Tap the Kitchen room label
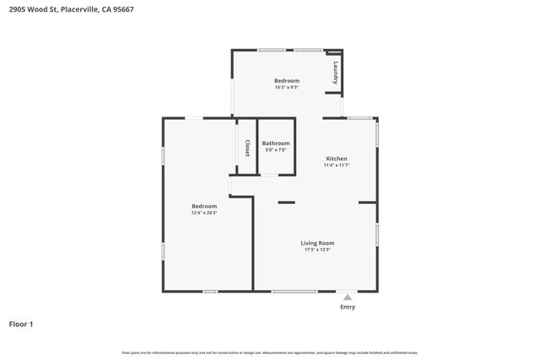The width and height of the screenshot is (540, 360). click(337, 159)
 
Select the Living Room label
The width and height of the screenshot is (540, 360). click(317, 243)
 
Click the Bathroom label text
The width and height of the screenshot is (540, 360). click(276, 143)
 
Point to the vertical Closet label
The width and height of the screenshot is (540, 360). click(247, 148)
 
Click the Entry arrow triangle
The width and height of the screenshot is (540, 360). click(347, 297)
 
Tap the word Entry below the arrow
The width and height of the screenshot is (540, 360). click(347, 307)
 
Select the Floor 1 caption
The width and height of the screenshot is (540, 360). click(22, 324)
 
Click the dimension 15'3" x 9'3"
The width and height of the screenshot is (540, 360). click(287, 87)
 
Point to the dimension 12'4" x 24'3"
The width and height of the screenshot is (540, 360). click(204, 212)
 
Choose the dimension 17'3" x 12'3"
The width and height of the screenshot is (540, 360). click(317, 250)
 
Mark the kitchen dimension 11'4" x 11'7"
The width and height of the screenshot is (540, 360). click(337, 165)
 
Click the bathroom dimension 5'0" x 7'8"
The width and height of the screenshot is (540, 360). click(276, 150)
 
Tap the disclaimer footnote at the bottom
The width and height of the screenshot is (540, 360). click(269, 352)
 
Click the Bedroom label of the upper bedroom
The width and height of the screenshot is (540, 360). click(287, 80)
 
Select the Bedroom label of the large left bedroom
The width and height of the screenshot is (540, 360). click(204, 206)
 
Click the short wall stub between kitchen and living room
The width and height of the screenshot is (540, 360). click(287, 202)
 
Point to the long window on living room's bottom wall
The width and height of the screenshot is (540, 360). click(294, 292)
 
